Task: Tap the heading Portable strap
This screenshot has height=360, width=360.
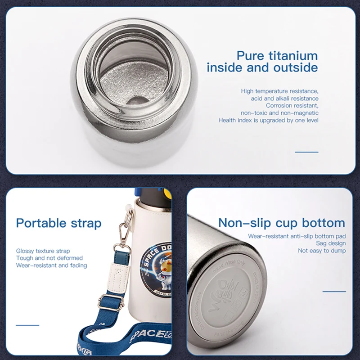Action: click(58, 223)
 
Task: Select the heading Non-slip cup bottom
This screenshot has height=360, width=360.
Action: click(282, 223)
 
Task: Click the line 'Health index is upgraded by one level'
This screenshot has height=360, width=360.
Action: click(269, 120)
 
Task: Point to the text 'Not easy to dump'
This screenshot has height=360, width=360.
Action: click(322, 251)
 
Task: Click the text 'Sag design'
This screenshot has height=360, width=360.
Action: click(331, 243)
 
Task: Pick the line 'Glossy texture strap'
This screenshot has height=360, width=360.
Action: click(43, 251)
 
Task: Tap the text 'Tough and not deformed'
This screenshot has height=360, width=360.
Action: click(49, 258)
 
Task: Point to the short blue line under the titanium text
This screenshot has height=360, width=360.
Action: click(306, 152)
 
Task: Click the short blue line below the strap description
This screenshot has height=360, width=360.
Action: click(27, 325)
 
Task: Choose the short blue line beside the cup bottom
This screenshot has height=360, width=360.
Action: click(334, 292)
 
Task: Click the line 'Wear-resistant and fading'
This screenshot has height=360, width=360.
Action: click(52, 265)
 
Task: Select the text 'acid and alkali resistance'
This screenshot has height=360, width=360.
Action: click(285, 99)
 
